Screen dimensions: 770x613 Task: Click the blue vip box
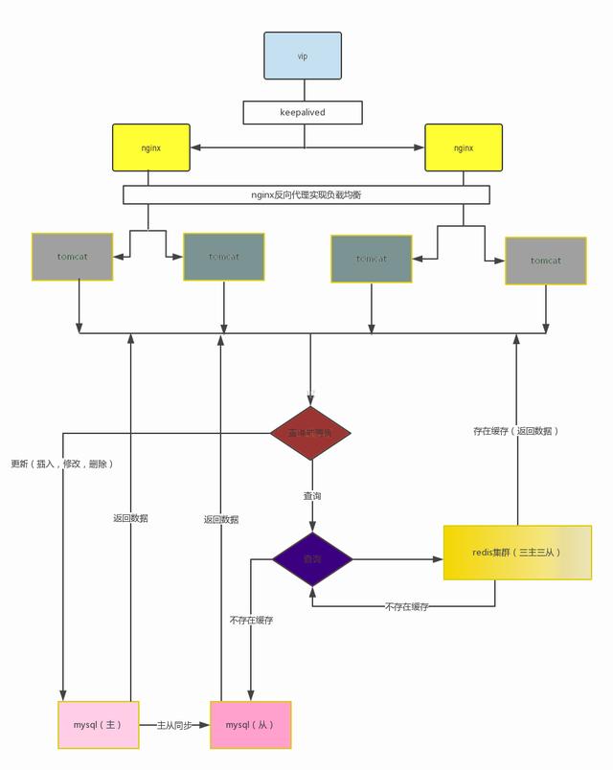(303, 56)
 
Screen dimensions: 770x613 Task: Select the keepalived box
(303, 112)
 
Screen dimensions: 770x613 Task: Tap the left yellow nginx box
(150, 147)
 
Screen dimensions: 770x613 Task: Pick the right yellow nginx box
(464, 147)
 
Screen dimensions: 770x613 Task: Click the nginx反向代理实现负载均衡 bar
(306, 194)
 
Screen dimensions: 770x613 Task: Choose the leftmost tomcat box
(72, 257)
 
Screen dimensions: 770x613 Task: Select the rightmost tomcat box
(546, 260)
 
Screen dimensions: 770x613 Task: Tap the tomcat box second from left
(224, 257)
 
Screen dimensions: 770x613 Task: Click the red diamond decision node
(310, 433)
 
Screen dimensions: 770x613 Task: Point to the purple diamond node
(312, 559)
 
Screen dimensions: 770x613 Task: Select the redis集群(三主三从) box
(517, 553)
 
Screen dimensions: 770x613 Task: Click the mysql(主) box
(99, 724)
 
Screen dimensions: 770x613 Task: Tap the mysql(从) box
(250, 724)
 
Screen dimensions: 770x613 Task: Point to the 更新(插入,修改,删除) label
(62, 464)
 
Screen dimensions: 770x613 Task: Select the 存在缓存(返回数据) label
(515, 431)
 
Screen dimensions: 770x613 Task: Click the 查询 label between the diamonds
(312, 496)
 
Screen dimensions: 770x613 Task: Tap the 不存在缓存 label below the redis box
(407, 606)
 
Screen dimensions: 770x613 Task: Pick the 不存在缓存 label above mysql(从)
(251, 620)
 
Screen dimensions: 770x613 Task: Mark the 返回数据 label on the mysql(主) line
(130, 518)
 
